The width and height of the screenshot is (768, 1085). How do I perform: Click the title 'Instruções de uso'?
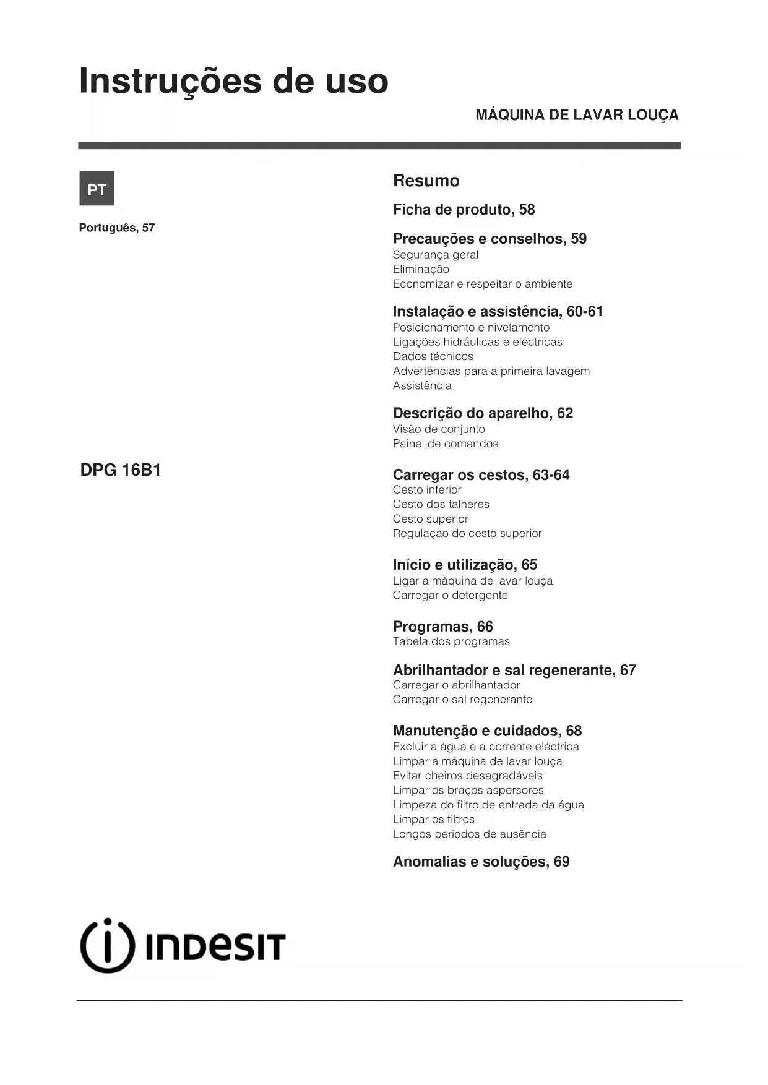pos(233,81)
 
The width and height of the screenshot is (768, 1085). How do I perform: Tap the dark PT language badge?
pos(97,189)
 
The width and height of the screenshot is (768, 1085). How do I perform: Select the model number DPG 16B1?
pos(121,470)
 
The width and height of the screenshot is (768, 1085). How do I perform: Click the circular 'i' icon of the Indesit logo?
pos(107,945)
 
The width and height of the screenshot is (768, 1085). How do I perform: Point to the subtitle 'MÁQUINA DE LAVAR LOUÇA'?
pos(577,115)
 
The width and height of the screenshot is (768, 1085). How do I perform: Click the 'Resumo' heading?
pos(426,181)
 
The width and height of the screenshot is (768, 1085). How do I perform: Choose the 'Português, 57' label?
pos(117,228)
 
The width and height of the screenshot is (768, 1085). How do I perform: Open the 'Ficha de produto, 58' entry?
pos(464,210)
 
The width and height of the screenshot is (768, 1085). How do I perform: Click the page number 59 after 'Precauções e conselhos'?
pos(579,239)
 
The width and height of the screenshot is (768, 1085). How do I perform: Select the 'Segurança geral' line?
pos(435,255)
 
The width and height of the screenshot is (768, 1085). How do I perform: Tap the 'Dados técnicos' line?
pos(433,356)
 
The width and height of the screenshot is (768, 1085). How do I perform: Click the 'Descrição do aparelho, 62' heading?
pos(483,413)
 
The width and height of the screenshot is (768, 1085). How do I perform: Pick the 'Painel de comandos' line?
pos(445,444)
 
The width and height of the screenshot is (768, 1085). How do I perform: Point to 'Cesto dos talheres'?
pos(441,504)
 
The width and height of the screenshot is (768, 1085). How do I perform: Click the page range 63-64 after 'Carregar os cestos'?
pos(551,475)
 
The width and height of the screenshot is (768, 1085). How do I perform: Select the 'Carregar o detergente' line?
pos(450,595)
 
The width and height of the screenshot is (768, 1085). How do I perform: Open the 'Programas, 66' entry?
pos(442,627)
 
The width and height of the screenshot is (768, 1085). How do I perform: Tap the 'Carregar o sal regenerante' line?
pos(462,700)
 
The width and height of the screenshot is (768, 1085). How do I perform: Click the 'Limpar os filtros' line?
pos(433,819)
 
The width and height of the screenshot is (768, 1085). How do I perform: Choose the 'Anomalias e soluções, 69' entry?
pos(481,862)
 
